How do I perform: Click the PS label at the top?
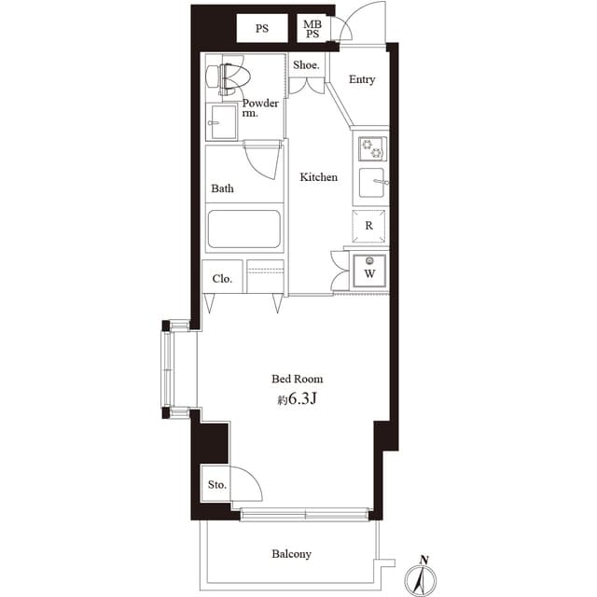(262, 28)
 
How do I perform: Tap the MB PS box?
(311, 29)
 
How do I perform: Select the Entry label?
(362, 79)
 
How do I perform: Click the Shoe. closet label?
(306, 65)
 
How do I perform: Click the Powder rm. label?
(260, 108)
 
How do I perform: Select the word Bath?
(222, 188)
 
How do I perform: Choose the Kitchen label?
(318, 177)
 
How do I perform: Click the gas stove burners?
(372, 149)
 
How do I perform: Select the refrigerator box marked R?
(369, 226)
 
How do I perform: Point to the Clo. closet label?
(222, 278)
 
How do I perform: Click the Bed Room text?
(298, 379)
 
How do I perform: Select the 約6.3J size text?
(299, 400)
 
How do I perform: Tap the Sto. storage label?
(216, 486)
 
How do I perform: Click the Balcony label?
(291, 554)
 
